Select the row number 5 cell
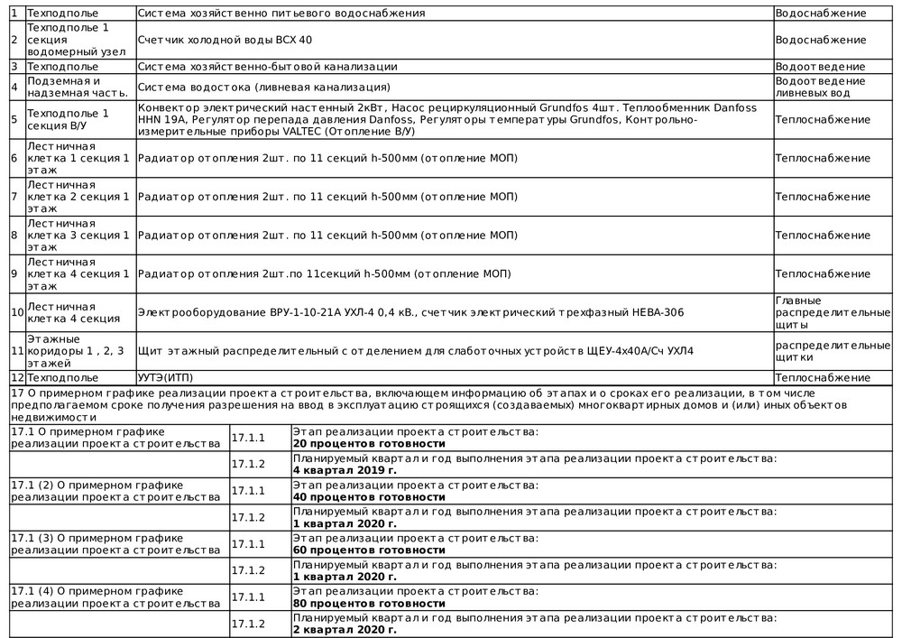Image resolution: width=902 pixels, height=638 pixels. click(14, 120)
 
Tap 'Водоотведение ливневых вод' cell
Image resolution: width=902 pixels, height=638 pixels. click(820, 87)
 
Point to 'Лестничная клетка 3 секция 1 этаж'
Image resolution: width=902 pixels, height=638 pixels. click(79, 235)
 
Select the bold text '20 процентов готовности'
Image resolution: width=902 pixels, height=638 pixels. click(370, 444)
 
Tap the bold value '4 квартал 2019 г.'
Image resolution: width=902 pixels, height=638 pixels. click(345, 470)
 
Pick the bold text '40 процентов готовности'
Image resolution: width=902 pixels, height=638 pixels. click(370, 497)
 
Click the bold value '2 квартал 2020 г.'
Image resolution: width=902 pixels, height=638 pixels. click(345, 630)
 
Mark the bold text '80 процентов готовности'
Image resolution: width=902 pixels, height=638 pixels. click(370, 604)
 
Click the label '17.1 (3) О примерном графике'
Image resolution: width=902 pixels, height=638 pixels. click(97, 538)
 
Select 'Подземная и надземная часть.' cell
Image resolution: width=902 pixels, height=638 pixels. click(79, 87)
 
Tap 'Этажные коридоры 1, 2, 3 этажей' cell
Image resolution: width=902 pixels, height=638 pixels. click(79, 351)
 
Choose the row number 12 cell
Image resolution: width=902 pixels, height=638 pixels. click(16, 377)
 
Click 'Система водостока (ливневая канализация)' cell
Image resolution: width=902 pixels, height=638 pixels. click(264, 87)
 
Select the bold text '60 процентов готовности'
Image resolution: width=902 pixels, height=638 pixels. click(370, 550)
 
